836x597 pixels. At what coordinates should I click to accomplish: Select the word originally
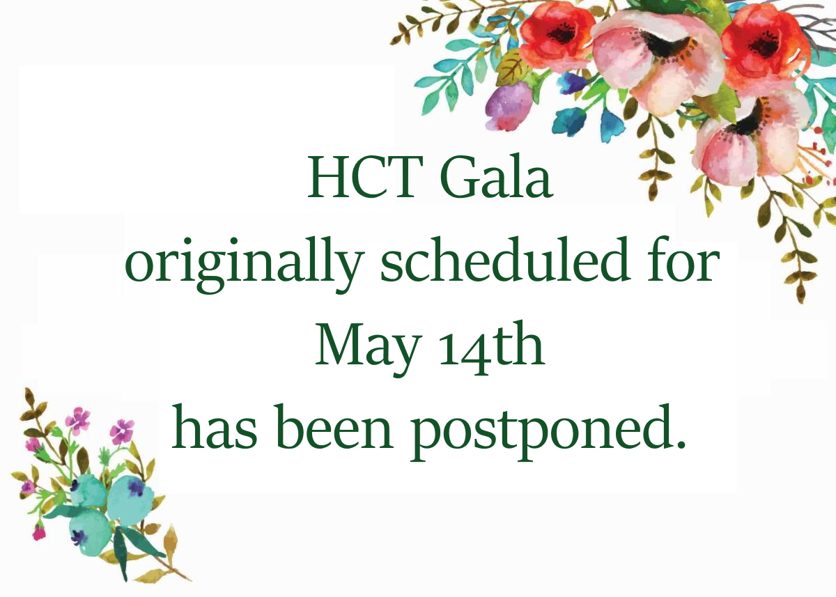point(244,264)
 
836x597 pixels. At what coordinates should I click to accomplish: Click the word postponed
point(538,432)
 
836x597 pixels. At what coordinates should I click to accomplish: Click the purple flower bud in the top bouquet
point(509,106)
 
